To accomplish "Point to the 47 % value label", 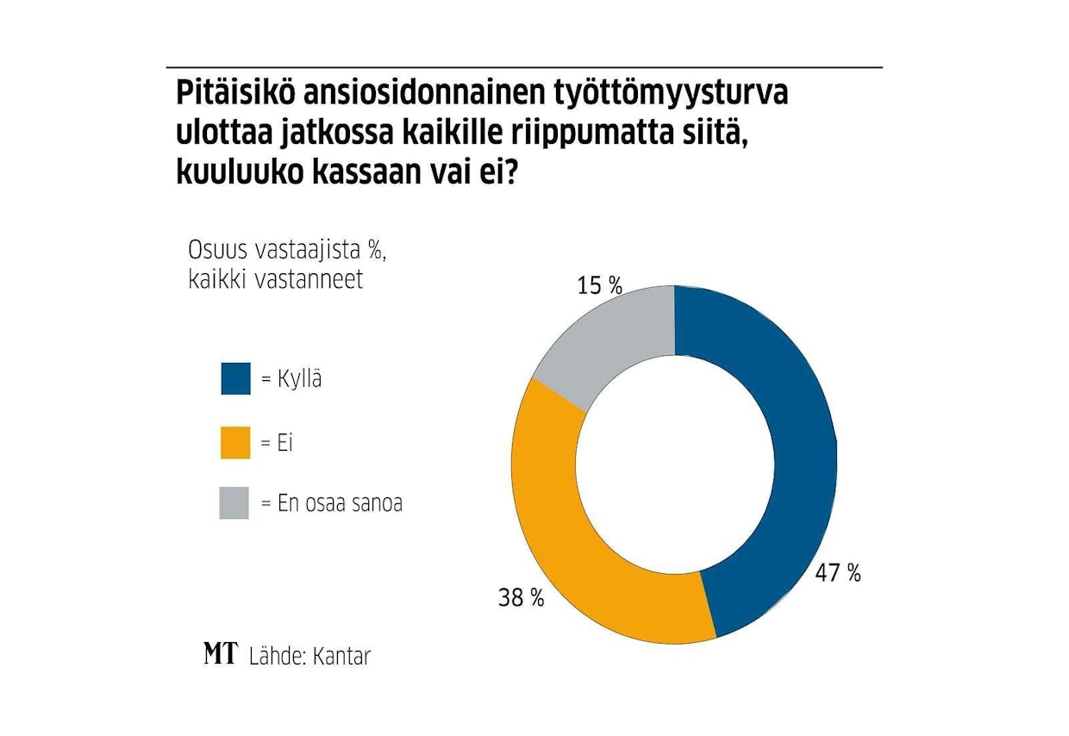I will tap(838, 573).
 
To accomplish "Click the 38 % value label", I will tap(521, 598).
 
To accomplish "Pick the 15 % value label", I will tap(600, 286).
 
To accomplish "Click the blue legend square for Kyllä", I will tap(235, 378).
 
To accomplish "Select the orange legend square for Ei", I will tap(235, 443).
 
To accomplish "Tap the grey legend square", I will tap(235, 503).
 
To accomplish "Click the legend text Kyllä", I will tap(299, 378).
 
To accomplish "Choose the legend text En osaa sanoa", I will tap(340, 503).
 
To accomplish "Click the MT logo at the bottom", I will tap(220, 654).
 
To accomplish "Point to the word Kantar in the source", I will tap(341, 656).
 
